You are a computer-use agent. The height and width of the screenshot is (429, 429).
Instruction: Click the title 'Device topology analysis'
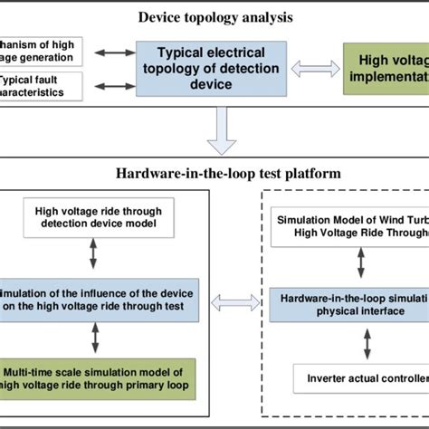[214, 15]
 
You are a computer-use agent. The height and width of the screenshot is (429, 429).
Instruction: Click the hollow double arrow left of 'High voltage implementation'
[311, 69]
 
